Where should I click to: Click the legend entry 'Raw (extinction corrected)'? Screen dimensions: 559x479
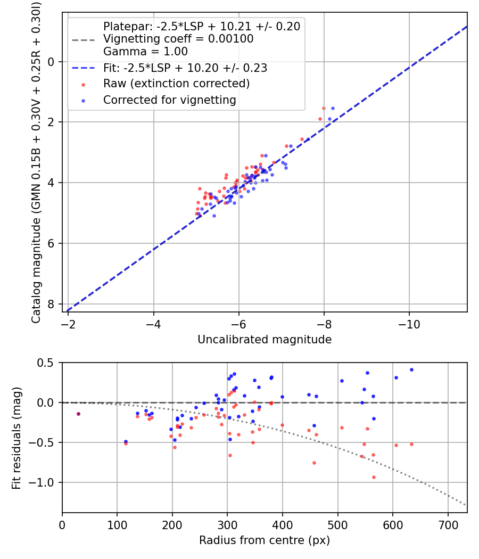click(x=176, y=84)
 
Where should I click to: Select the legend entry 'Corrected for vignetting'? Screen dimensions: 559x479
click(x=169, y=100)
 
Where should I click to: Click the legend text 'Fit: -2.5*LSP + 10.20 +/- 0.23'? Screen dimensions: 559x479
click(x=185, y=68)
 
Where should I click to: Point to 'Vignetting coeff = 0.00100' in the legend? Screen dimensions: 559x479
click(x=178, y=39)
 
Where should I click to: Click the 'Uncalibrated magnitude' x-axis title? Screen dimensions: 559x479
click(x=265, y=340)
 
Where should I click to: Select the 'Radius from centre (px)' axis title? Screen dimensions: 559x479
click(x=265, y=540)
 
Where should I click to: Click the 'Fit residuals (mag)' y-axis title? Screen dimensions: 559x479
click(x=16, y=438)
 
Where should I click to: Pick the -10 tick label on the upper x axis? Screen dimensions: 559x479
click(x=409, y=324)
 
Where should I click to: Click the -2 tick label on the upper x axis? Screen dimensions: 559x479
click(x=69, y=324)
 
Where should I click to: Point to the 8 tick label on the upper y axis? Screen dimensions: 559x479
click(x=52, y=304)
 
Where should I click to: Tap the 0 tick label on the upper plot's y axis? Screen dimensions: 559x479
click(x=52, y=62)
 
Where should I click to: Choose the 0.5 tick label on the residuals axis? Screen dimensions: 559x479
click(x=47, y=363)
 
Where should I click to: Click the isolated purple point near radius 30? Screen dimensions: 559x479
click(x=79, y=414)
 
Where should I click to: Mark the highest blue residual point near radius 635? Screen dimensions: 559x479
click(x=411, y=369)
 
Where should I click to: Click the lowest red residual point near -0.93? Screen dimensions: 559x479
click(x=374, y=477)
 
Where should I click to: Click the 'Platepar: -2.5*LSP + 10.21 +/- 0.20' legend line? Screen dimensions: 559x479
click(x=202, y=26)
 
